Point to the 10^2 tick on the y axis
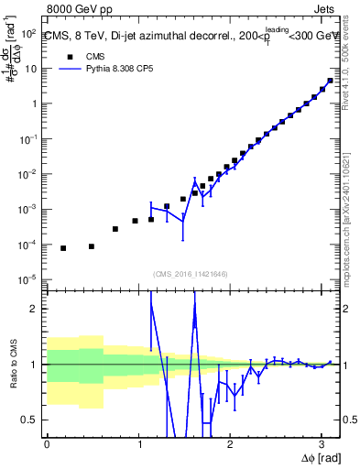(x=30, y=33)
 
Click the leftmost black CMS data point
(x=63, y=248)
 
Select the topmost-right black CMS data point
(x=330, y=81)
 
